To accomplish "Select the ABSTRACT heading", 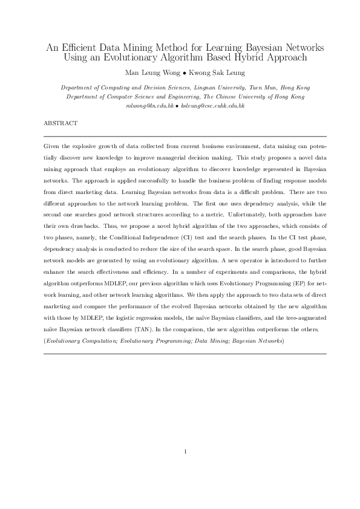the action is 61,123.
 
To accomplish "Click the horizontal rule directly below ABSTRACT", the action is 185,137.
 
